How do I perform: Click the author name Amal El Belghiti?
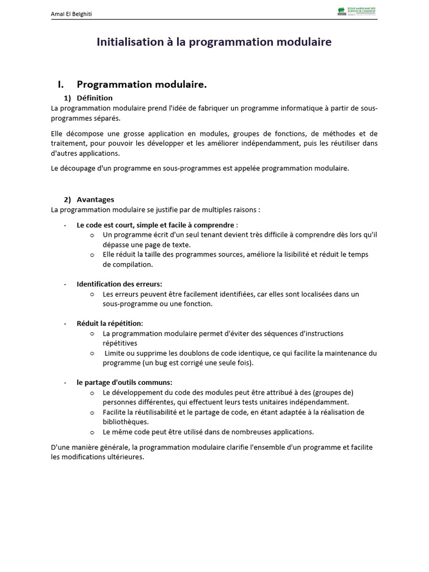coord(71,14)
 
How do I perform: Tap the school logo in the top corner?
coord(357,11)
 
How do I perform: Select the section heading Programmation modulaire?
coord(141,84)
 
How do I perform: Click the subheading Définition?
coord(94,98)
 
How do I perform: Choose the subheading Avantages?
coord(95,199)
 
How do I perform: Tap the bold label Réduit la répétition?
coord(109,323)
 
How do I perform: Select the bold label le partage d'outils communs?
coord(125,383)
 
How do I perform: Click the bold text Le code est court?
coord(103,225)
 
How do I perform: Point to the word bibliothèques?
coord(126,422)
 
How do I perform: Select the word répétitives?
coord(120,343)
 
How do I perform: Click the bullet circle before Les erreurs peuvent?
coord(92,294)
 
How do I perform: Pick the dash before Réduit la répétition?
coord(65,323)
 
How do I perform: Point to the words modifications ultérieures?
coord(103,456)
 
